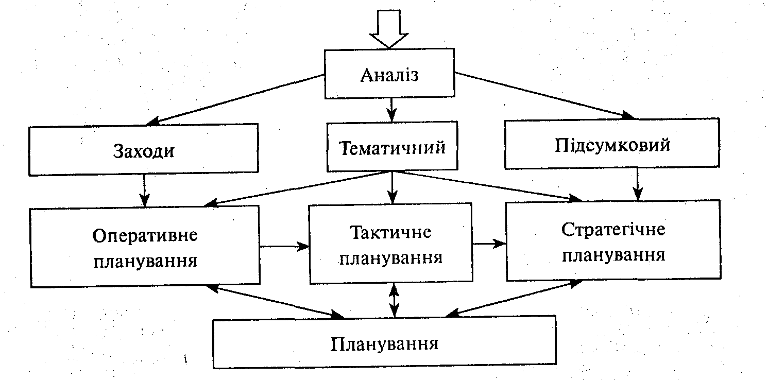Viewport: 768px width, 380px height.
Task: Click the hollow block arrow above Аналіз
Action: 389,29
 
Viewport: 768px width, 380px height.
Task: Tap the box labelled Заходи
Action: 144,150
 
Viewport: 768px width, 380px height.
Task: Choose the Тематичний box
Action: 392,147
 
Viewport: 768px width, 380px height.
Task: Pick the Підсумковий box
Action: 612,144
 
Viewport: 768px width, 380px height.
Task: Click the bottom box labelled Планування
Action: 384,342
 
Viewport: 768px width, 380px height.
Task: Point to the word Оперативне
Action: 145,236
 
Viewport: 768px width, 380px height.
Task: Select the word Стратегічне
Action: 613,230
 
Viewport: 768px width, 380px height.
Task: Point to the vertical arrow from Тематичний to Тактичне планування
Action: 392,187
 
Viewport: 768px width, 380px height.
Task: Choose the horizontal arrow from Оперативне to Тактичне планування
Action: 284,247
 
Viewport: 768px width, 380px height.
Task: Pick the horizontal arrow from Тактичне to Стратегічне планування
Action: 489,243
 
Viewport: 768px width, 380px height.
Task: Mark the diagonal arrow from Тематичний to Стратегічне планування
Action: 484,185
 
